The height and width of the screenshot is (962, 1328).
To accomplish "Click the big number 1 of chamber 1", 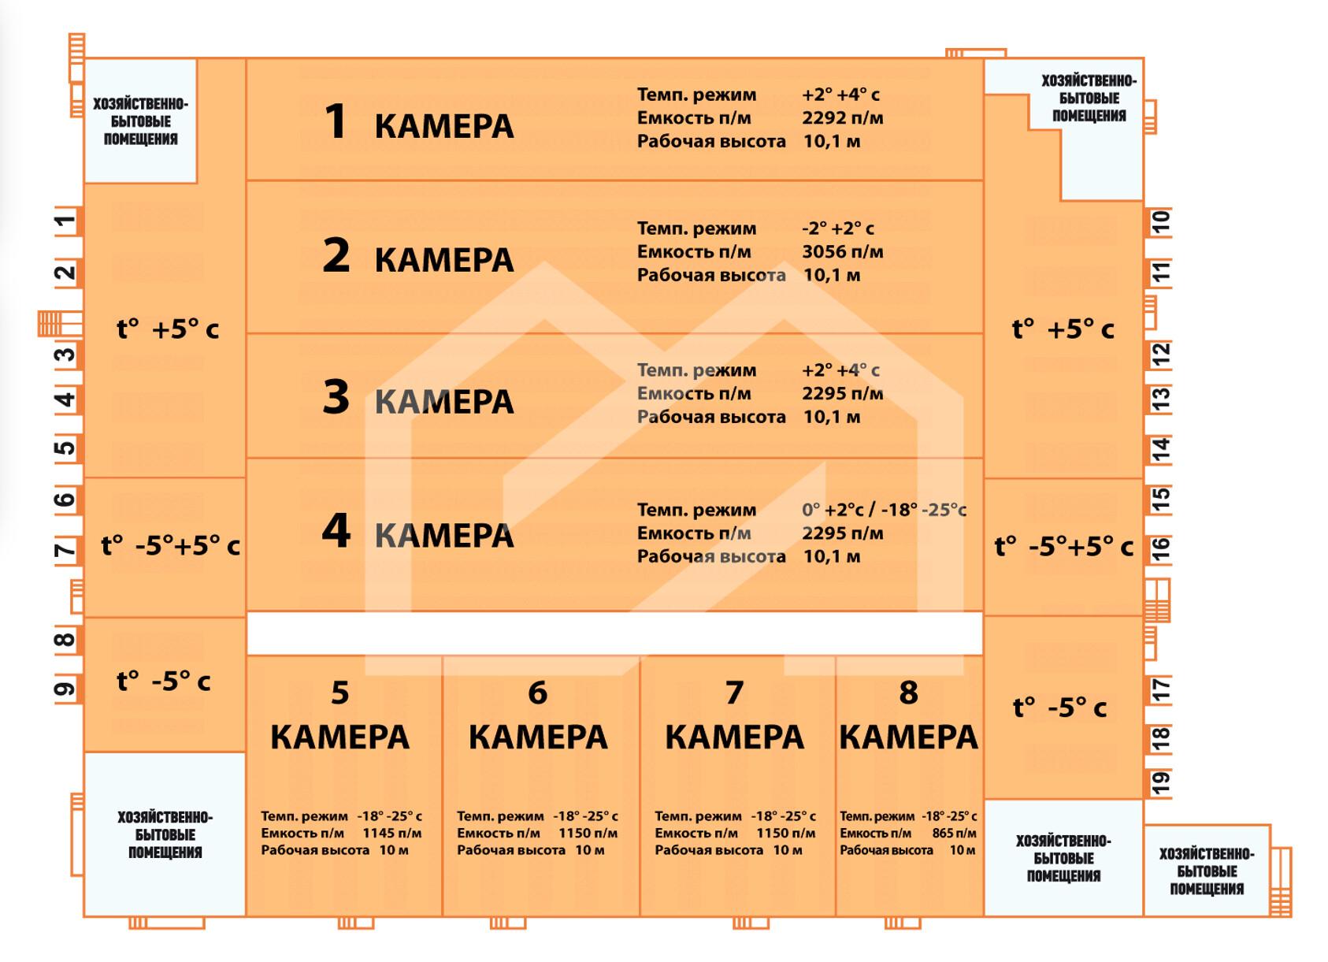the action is tap(336, 121).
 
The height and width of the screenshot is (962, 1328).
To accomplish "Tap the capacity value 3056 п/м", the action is tap(843, 252).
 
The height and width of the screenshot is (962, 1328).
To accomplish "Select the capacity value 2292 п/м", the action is tap(843, 118).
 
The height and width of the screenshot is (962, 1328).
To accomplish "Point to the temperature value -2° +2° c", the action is tap(838, 228).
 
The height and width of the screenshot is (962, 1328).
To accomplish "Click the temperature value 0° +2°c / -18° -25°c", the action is tap(884, 510).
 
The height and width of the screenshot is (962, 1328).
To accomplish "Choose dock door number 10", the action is tap(1161, 222).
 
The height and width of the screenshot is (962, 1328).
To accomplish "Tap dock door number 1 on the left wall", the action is tap(66, 222).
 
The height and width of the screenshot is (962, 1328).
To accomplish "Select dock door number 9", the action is tap(66, 689).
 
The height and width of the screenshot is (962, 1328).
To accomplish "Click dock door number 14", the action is tap(1161, 450).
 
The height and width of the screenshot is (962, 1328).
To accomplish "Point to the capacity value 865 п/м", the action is tap(954, 833).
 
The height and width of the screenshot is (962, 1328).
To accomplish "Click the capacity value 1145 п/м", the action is tap(392, 833).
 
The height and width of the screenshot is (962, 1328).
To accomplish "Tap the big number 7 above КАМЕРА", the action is tap(734, 692).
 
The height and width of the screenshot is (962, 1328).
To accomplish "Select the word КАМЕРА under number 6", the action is tap(538, 737).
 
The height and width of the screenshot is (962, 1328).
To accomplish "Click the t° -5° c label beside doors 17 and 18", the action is tap(1059, 708).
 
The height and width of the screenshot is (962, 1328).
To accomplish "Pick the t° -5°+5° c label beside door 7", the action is tap(171, 546).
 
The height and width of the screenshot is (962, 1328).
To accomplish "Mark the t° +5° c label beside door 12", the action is tap(1063, 329).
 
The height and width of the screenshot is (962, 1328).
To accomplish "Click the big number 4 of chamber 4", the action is tap(336, 530).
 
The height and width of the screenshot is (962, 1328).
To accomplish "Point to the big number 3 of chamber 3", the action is tap(336, 397).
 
